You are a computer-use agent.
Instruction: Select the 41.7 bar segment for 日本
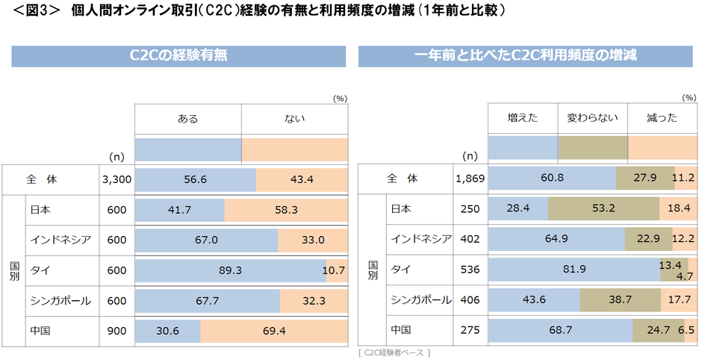[x=179, y=211]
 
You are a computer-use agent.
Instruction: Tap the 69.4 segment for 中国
[x=273, y=329]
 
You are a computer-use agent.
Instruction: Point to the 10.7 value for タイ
[x=333, y=270]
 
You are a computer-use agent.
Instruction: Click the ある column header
[x=188, y=118]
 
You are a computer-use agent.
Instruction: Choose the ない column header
[x=294, y=118]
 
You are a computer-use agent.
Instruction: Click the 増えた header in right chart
[x=523, y=118]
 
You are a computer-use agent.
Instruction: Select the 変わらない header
[x=592, y=118]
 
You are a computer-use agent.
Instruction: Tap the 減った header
[x=662, y=118]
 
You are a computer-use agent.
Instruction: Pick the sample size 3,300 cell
[x=117, y=180]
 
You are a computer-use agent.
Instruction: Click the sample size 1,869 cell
[x=470, y=179]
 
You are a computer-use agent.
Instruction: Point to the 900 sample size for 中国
[x=117, y=329]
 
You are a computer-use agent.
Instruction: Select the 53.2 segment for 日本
[x=603, y=209]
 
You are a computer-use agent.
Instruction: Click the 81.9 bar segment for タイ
[x=574, y=269]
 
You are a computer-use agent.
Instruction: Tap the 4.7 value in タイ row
[x=686, y=276]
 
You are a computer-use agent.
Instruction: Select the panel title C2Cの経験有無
[x=178, y=56]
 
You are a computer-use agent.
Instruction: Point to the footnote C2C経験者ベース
[x=394, y=352]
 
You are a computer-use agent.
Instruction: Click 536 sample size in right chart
[x=470, y=269]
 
